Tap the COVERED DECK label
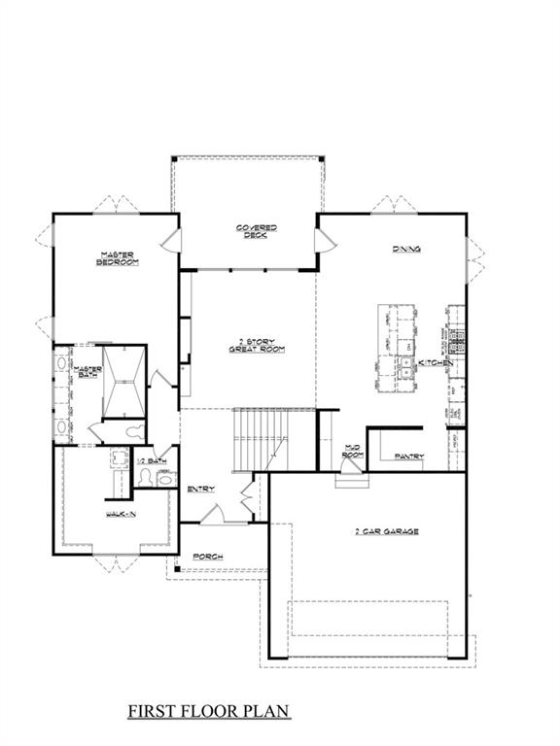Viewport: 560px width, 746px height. coord(257,230)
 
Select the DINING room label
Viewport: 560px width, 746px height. coord(406,250)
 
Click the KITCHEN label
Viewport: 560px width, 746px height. coord(435,362)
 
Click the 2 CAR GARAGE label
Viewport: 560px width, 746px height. coord(388,532)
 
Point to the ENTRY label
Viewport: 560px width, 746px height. coord(200,489)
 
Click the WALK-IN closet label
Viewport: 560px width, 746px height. coord(121,514)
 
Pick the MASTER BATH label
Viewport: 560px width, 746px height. coord(89,372)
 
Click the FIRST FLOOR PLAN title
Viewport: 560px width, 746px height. coord(209,712)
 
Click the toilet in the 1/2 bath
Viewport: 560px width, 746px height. coord(146,476)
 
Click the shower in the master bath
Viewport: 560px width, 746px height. coord(124,381)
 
